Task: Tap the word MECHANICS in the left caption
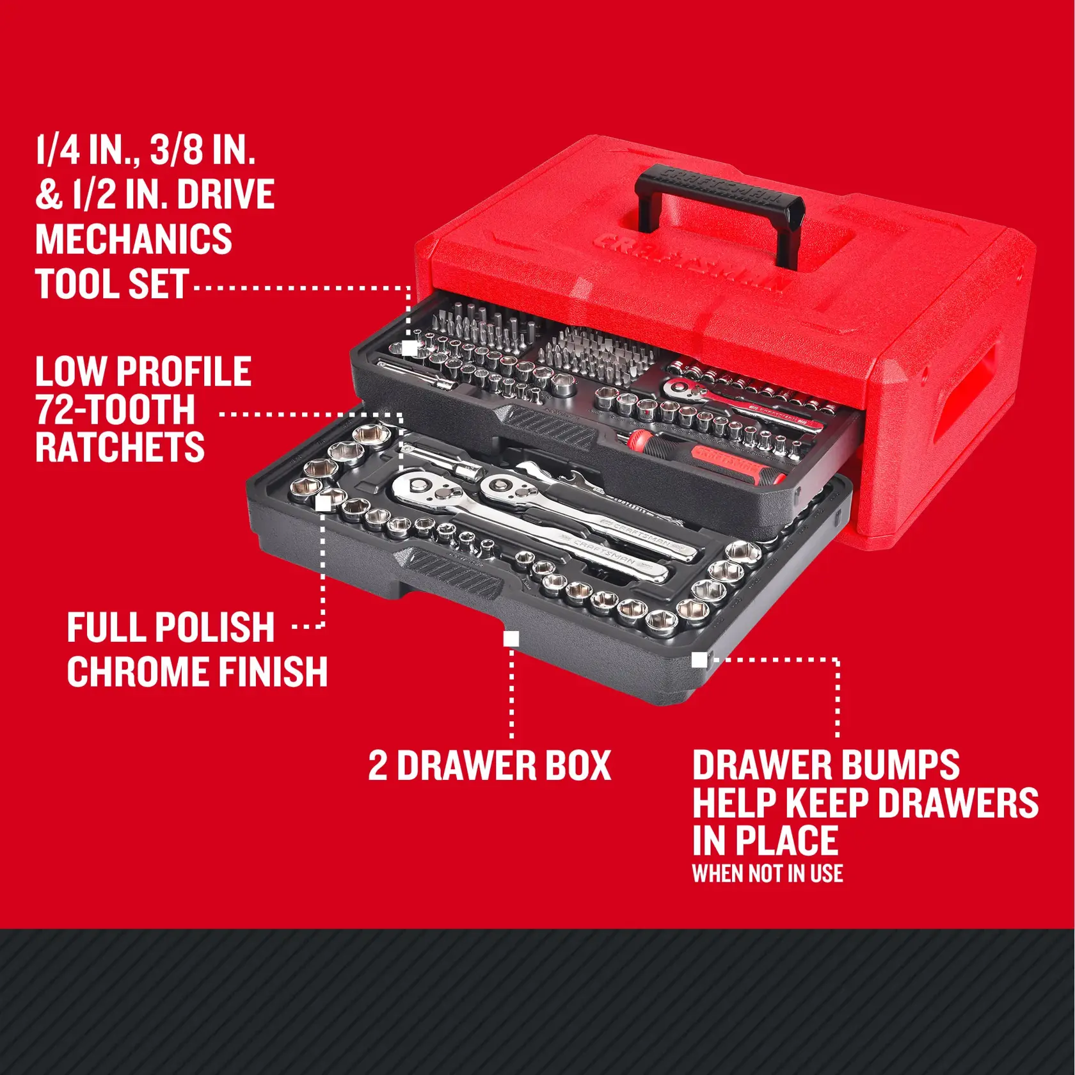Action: tap(133, 239)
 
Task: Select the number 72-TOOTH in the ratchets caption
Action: tap(115, 410)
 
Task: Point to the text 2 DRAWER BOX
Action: tap(490, 765)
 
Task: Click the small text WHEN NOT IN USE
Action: tap(767, 874)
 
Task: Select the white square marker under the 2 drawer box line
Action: tap(511, 639)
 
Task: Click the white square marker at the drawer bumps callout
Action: tap(699, 660)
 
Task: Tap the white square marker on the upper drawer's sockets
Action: tap(410, 349)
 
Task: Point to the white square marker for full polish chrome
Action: tap(324, 504)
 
